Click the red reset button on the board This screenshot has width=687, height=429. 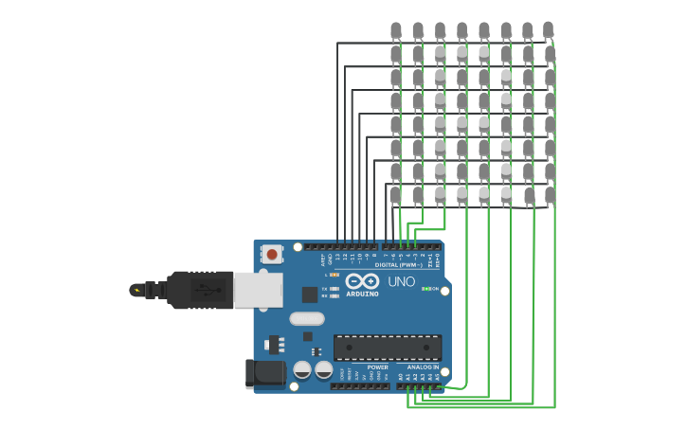click(272, 254)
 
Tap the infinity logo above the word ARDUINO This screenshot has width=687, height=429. click(362, 281)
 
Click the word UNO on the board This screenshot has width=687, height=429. click(401, 281)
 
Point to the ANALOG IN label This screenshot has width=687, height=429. click(423, 367)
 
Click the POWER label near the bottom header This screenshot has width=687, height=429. click(377, 367)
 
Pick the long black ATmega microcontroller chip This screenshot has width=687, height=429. click(387, 348)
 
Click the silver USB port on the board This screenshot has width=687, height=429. click(257, 290)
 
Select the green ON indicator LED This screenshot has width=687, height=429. click(425, 289)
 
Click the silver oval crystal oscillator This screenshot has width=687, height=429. click(307, 319)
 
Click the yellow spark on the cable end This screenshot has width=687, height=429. click(137, 290)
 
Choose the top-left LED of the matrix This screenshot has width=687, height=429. click(396, 30)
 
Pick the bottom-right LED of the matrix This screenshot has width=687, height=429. click(550, 194)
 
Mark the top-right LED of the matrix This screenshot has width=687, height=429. click(548, 30)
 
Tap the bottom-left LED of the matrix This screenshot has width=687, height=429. click(396, 194)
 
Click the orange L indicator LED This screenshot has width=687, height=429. click(335, 275)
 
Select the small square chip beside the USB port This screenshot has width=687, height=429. click(309, 295)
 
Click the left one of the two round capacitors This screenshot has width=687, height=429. click(302, 369)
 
